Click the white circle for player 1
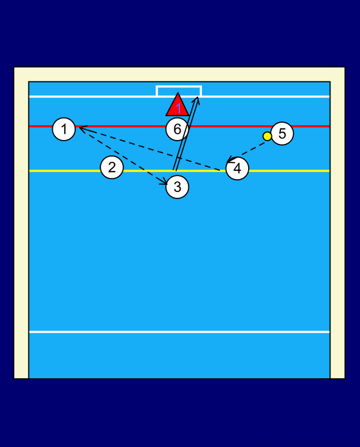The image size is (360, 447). click(x=64, y=129)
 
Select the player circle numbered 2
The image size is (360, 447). click(x=112, y=168)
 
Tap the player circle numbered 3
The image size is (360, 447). click(x=177, y=187)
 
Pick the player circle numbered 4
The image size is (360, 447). click(x=237, y=168)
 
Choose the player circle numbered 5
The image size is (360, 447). click(x=282, y=134)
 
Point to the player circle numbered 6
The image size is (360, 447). click(x=177, y=129)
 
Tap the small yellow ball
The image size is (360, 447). click(x=267, y=136)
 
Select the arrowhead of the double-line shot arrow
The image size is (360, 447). click(x=196, y=100)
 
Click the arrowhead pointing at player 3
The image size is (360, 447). click(x=165, y=182)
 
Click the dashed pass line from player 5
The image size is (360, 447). click(x=246, y=152)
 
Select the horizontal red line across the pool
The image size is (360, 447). click(x=179, y=126)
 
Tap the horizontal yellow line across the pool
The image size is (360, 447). click(x=179, y=171)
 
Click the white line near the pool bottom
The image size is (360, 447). click(x=179, y=332)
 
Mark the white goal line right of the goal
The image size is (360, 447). click(x=265, y=96)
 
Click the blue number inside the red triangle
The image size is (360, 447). click(x=179, y=109)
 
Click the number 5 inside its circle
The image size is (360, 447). click(x=282, y=134)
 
